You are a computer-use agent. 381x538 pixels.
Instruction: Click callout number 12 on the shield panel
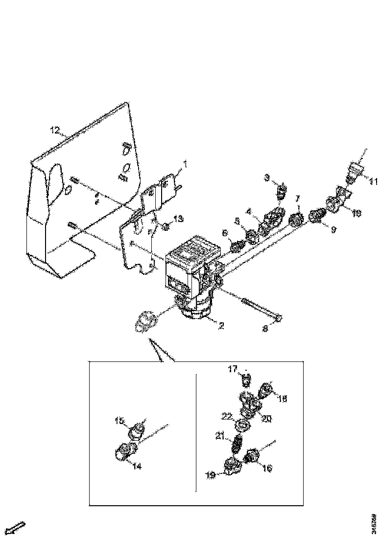pyautogui.click(x=54, y=131)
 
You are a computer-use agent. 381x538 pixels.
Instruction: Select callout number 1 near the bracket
pyautogui.click(x=185, y=163)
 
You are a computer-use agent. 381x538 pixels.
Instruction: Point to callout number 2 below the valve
pyautogui.click(x=221, y=326)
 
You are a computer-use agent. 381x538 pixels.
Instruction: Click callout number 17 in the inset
pyautogui.click(x=232, y=370)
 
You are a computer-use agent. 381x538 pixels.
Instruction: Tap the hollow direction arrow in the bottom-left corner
pyautogui.click(x=18, y=528)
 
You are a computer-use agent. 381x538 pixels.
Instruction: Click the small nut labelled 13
pyautogui.click(x=166, y=226)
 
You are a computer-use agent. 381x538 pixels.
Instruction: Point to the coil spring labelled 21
pyautogui.click(x=237, y=444)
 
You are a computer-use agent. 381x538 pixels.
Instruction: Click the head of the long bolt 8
pyautogui.click(x=279, y=318)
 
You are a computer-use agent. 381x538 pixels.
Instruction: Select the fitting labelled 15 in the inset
pyautogui.click(x=138, y=430)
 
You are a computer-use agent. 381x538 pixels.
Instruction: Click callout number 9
pyautogui.click(x=333, y=228)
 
